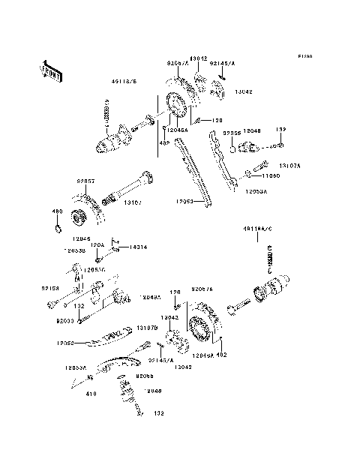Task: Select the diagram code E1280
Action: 304,56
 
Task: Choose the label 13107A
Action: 289,165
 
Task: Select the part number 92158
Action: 49,286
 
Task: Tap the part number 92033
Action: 66,319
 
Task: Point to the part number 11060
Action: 271,175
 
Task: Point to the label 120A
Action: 97,245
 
